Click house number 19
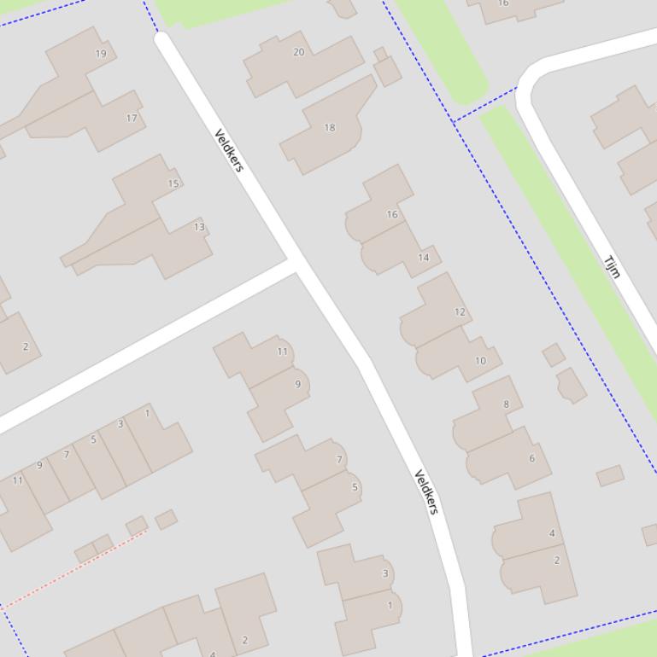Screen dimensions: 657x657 (x=101, y=54)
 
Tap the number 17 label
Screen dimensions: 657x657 (x=132, y=119)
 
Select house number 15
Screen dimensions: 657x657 (x=173, y=183)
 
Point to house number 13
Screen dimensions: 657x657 (x=199, y=227)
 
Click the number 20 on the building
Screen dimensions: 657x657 (x=298, y=52)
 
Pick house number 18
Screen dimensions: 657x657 (x=329, y=128)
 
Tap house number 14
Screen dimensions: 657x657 (x=423, y=258)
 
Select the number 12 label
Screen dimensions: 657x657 (x=460, y=312)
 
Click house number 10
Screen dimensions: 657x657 (x=480, y=361)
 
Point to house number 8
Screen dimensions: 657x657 (x=506, y=404)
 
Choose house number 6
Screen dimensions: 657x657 (x=531, y=458)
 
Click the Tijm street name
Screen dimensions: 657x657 (x=612, y=267)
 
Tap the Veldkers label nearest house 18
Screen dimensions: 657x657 (x=229, y=150)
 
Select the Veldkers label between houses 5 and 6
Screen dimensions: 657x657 (x=426, y=491)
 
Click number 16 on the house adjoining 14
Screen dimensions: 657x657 (x=391, y=214)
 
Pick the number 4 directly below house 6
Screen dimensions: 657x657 (x=552, y=533)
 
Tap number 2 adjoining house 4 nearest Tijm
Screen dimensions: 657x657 (x=557, y=561)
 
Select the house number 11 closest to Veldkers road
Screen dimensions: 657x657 (x=282, y=352)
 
